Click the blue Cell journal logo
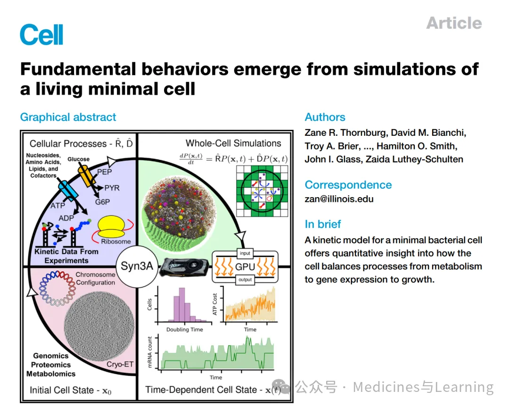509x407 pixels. click(41, 34)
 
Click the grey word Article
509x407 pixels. click(454, 23)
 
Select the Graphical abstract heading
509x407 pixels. click(68, 117)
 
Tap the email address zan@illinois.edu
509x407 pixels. click(339, 199)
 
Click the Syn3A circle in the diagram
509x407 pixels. click(137, 266)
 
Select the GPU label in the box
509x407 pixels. click(245, 266)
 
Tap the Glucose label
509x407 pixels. click(78, 159)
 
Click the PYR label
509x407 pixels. click(112, 188)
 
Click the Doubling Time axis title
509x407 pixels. click(185, 329)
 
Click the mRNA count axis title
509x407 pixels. click(150, 352)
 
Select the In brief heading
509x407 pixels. click(323, 224)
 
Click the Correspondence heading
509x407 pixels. click(348, 184)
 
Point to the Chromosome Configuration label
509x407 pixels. click(96, 278)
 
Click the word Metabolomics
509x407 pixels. click(51, 374)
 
